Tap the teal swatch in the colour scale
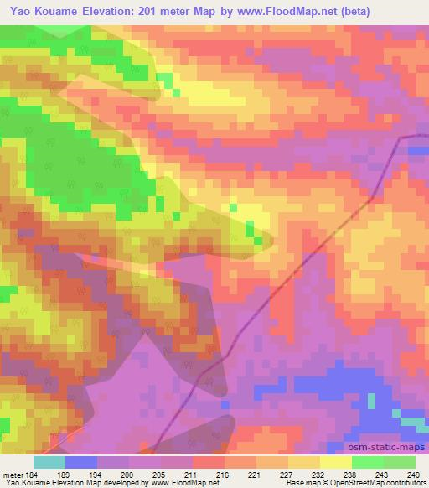pyautogui.click(x=49, y=462)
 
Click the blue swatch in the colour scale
pyautogui.click(x=81, y=462)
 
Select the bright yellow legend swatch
pyautogui.click(x=336, y=462)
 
